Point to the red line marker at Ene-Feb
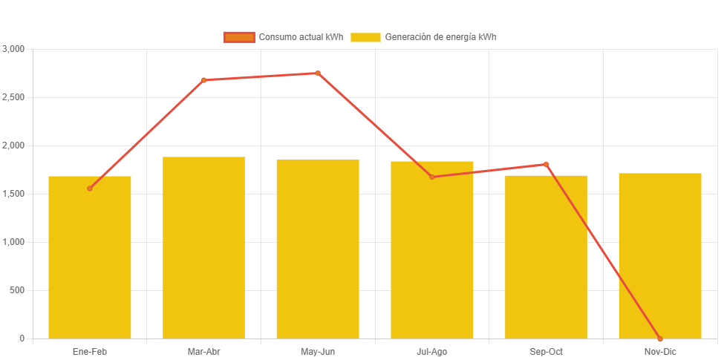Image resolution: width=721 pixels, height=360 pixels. (x=90, y=189)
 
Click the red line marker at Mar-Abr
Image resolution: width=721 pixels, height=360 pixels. (x=203, y=80)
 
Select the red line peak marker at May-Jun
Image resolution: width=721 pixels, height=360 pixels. (x=318, y=73)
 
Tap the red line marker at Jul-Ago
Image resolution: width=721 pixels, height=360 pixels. (x=432, y=177)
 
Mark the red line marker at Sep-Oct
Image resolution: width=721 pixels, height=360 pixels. (x=546, y=164)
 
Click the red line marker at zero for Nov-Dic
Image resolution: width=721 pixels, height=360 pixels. (x=660, y=338)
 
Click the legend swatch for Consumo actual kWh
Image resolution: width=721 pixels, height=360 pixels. (x=239, y=37)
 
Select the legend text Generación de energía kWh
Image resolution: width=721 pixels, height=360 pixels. (x=440, y=37)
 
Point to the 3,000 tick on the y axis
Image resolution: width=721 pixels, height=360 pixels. (x=14, y=49)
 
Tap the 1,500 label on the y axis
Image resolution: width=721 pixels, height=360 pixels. (x=14, y=194)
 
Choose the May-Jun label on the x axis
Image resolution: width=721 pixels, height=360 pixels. (x=318, y=351)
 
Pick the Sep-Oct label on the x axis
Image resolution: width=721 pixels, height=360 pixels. (x=546, y=351)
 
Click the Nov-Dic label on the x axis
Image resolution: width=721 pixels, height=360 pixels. (x=660, y=351)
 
